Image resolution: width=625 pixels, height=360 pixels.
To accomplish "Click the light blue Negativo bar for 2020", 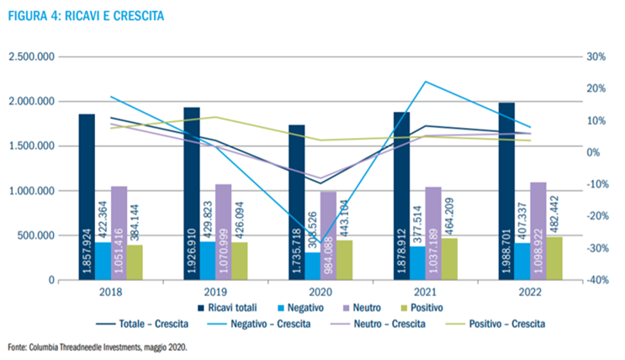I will (x=313, y=266).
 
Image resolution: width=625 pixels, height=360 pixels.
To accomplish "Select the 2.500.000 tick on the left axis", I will (x=32, y=57).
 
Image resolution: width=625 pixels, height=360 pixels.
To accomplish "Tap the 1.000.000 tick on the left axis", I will (x=32, y=191).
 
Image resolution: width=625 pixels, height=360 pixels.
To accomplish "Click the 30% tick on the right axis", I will (x=596, y=57).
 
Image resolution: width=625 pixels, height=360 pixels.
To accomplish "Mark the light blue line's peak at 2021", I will (x=426, y=82).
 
